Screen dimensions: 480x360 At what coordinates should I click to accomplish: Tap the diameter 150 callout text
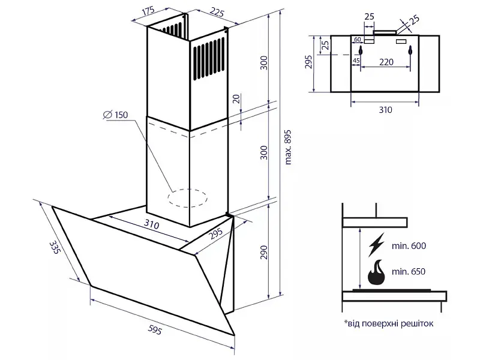pos(115,115)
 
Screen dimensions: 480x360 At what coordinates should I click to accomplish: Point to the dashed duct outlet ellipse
pos(187,198)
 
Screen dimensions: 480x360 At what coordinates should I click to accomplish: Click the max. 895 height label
pos(288,148)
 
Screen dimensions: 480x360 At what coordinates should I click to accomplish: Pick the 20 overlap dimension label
pos(236,99)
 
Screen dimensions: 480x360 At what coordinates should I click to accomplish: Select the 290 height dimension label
pos(263,252)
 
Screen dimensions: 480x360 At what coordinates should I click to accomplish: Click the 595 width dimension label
pos(155,329)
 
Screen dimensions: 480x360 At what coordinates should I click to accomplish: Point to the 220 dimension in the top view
pos(386,62)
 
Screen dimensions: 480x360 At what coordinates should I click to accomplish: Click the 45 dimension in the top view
pos(356,61)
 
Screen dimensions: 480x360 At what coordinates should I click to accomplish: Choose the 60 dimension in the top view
pos(357,40)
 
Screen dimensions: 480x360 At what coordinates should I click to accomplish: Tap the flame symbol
pos(377,272)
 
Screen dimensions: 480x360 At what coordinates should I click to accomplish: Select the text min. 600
pos(409,246)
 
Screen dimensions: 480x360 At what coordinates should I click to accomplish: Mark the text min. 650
pos(409,272)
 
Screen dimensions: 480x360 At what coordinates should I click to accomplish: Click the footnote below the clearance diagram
pos(388,323)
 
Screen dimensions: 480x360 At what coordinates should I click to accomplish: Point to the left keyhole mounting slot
pos(361,51)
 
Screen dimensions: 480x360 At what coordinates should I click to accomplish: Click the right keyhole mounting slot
pos(410,51)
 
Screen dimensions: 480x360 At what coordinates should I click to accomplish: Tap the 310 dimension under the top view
pos(385,110)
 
